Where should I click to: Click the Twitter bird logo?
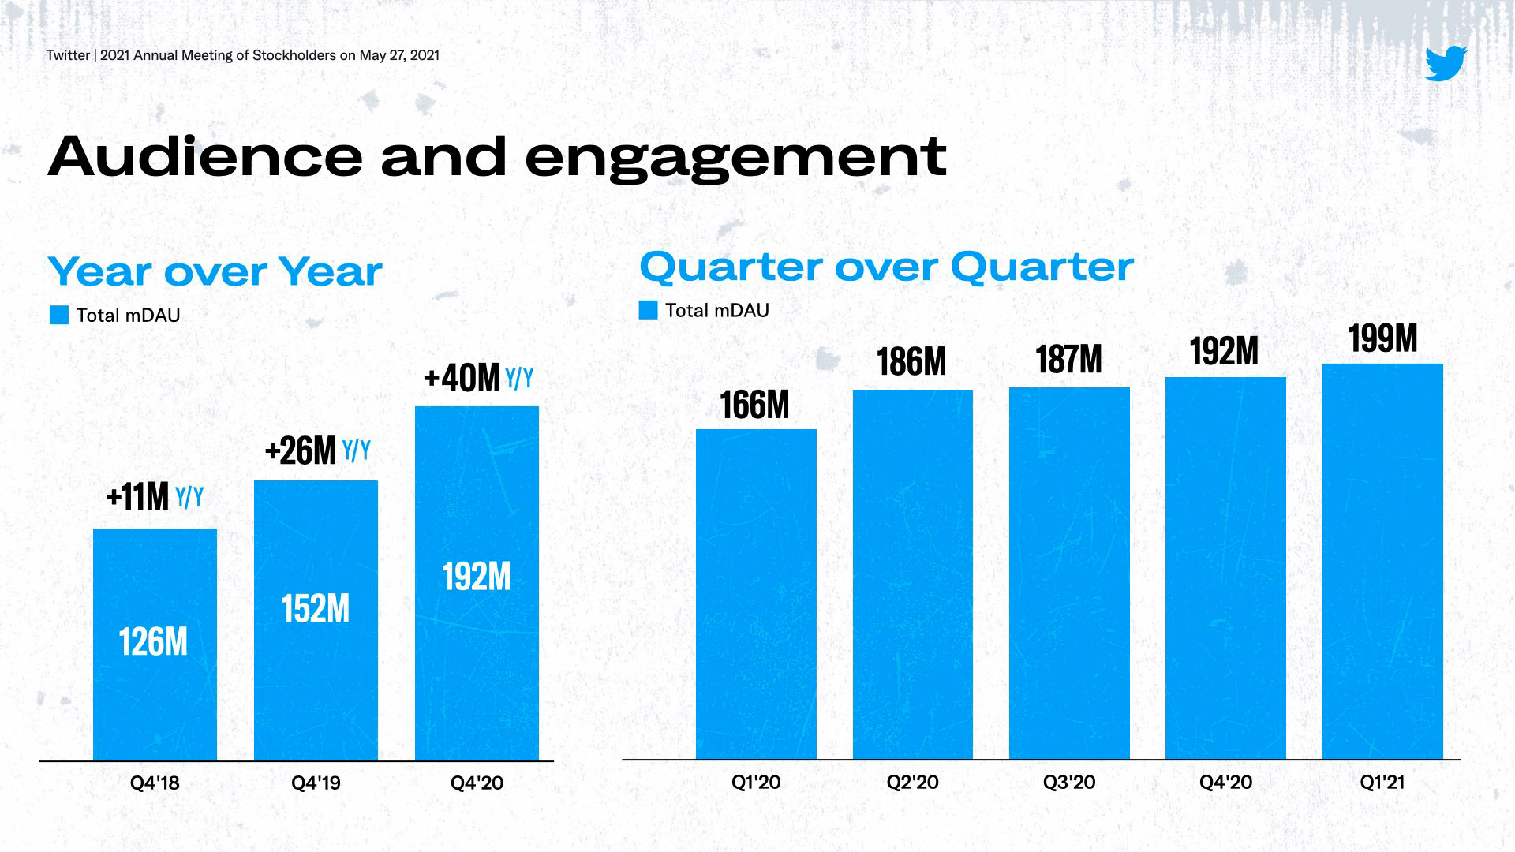[x=1446, y=63]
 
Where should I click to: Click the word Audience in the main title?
[x=205, y=156]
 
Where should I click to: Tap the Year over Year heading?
[x=215, y=272]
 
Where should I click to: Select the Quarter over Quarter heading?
[x=886, y=267]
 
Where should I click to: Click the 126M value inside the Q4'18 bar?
[x=154, y=642]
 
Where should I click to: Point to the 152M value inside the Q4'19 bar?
[x=316, y=609]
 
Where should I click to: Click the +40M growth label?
[x=462, y=379]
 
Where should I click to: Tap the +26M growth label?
[x=301, y=451]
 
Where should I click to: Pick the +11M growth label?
[x=138, y=497]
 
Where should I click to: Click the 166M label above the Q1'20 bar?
[x=755, y=405]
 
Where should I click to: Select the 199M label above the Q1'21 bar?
[x=1382, y=339]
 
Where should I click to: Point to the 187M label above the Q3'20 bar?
[x=1068, y=360]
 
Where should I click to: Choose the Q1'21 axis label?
[x=1382, y=783]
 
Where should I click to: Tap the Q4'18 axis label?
[x=155, y=783]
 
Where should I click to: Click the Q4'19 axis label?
[x=316, y=783]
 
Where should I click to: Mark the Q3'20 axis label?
[x=1069, y=783]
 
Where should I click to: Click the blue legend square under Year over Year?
[x=59, y=316]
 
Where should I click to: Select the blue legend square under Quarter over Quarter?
[x=648, y=310]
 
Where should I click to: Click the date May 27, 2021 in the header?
[x=399, y=55]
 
